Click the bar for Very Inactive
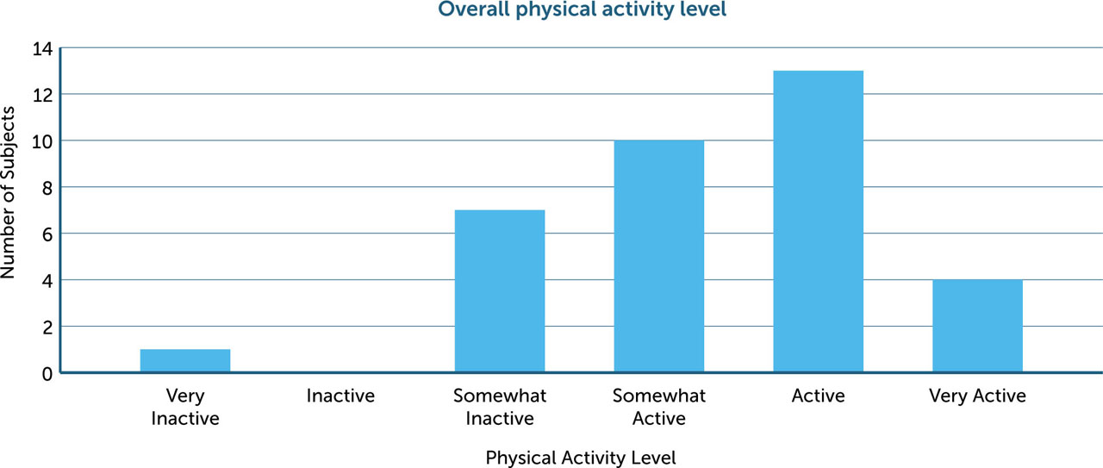click(185, 361)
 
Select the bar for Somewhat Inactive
click(500, 291)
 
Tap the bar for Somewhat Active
click(658, 256)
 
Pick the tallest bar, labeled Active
click(818, 222)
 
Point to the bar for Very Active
click(977, 326)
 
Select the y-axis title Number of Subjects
click(9, 193)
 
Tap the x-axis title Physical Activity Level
click(581, 458)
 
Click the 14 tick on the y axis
click(42, 48)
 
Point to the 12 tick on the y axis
click(42, 94)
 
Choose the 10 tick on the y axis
click(42, 140)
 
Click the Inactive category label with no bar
click(340, 396)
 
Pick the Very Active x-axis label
click(977, 396)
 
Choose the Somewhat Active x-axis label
click(658, 407)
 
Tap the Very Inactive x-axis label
click(185, 407)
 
